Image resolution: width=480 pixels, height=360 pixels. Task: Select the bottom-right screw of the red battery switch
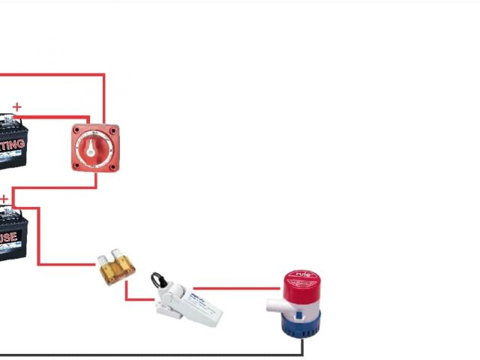(x=112, y=166)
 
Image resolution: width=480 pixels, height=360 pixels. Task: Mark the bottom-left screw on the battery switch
(x=76, y=166)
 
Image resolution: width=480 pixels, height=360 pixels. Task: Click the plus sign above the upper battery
(x=17, y=107)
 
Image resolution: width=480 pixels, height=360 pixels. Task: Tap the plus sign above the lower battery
(x=4, y=199)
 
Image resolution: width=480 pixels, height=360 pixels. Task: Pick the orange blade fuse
(x=117, y=268)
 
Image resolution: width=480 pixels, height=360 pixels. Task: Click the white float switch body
(x=191, y=304)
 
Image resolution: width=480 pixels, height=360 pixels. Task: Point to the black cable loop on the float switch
(x=157, y=281)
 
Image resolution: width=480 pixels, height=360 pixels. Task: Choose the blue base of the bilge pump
(x=301, y=325)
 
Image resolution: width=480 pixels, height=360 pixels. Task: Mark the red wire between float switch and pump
(x=236, y=287)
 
